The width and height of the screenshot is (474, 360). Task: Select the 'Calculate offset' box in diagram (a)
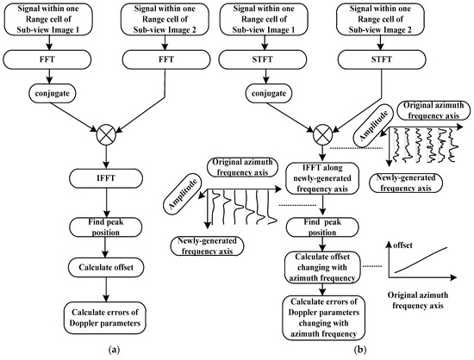pos(104,265)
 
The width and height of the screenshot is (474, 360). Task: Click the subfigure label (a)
pos(104,351)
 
